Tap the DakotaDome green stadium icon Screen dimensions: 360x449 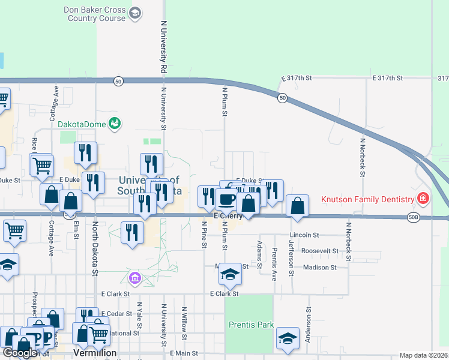click(x=115, y=124)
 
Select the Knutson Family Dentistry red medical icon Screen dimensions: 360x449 click(x=423, y=198)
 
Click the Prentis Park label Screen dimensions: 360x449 click(x=252, y=325)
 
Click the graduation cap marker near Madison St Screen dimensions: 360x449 click(x=229, y=274)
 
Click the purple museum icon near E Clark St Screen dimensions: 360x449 click(x=134, y=277)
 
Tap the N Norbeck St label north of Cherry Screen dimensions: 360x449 click(x=363, y=157)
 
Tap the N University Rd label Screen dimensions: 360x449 click(x=163, y=48)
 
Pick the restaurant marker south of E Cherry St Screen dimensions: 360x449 click(x=132, y=232)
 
